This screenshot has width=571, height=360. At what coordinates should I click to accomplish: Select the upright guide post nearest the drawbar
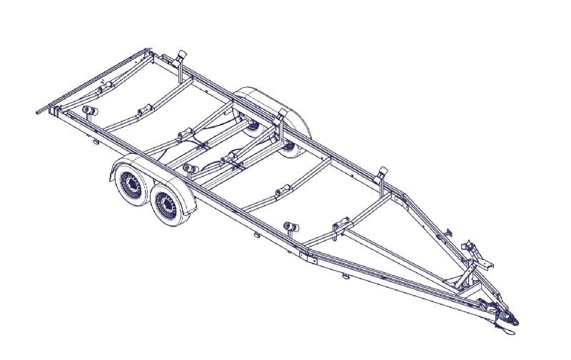click(x=383, y=175)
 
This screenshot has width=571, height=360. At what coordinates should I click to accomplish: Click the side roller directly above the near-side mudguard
click(x=190, y=169)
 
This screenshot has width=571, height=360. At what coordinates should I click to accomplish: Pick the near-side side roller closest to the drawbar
click(x=290, y=228)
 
